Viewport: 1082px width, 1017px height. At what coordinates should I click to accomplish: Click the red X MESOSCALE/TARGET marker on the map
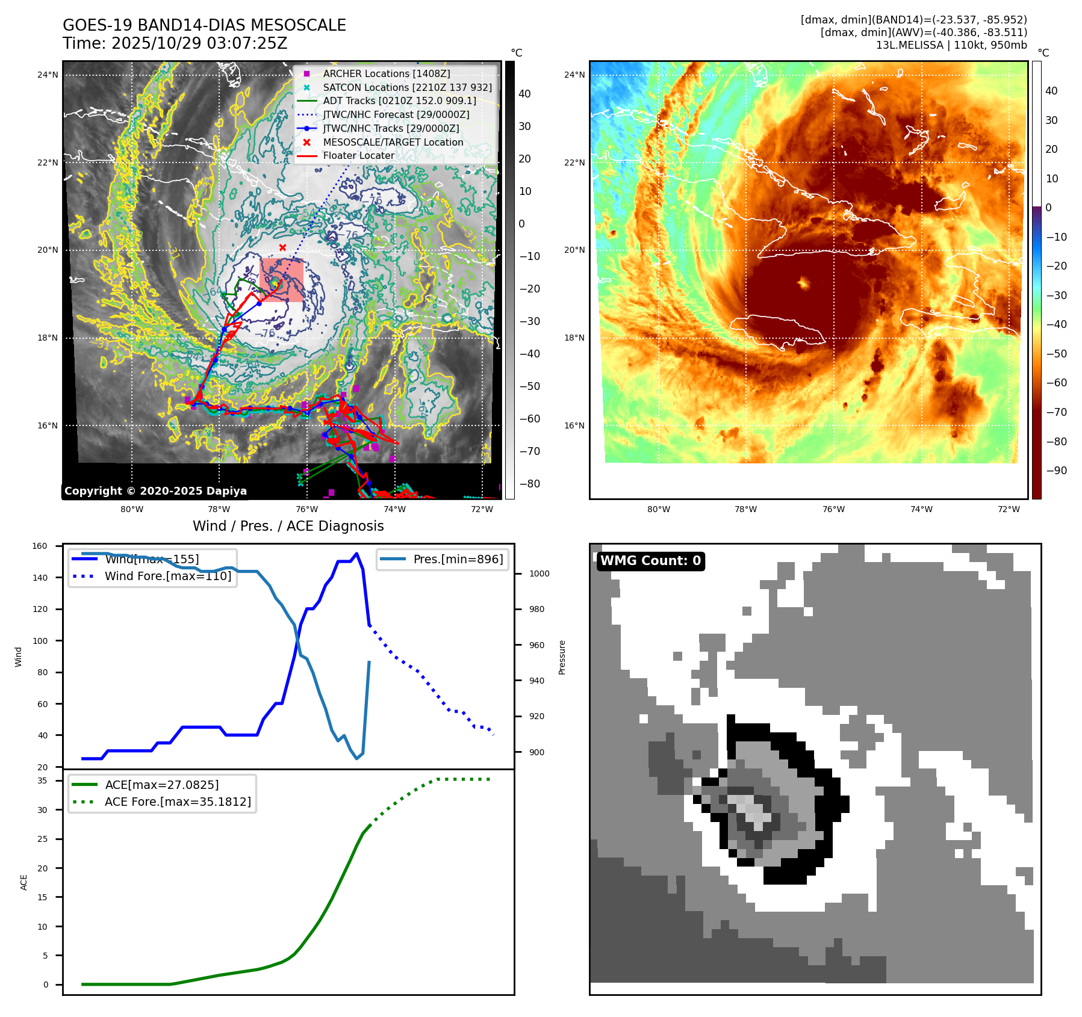coord(282,247)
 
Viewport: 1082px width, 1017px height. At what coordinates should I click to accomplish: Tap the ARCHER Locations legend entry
coord(386,73)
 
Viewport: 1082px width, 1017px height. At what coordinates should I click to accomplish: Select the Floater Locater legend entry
coord(358,155)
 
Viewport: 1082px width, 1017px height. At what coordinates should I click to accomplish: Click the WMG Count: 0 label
coord(650,561)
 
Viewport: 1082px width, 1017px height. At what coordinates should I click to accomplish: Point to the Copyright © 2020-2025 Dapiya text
coord(155,491)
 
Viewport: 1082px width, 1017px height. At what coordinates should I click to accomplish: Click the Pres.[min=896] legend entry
coord(458,559)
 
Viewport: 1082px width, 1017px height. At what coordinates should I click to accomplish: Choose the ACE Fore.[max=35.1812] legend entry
coord(178,802)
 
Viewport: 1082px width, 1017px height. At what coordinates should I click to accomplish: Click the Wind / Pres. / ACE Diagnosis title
coord(288,526)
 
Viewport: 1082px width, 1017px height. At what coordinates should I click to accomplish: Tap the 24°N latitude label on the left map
coord(48,75)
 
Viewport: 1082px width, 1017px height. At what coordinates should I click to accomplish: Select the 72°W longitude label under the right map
coord(1009,509)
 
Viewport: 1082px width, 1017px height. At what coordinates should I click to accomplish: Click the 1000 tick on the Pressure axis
coord(539,573)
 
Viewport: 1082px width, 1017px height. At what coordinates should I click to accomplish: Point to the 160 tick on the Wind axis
coord(40,546)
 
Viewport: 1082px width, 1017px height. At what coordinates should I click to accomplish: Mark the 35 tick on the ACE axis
coord(42,781)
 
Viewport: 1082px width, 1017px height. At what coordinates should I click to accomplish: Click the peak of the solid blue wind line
coord(357,554)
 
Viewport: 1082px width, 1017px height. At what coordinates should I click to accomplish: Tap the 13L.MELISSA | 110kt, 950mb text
coord(951,45)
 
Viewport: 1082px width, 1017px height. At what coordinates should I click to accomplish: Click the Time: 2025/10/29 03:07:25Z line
coord(175,43)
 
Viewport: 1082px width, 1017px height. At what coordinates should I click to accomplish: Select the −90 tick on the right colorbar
coord(1056,471)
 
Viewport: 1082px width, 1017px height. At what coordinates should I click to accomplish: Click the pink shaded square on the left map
coord(282,280)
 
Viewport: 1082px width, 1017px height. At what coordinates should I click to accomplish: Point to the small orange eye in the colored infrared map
coord(803,282)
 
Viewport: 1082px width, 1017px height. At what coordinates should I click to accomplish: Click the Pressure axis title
coord(562,657)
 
